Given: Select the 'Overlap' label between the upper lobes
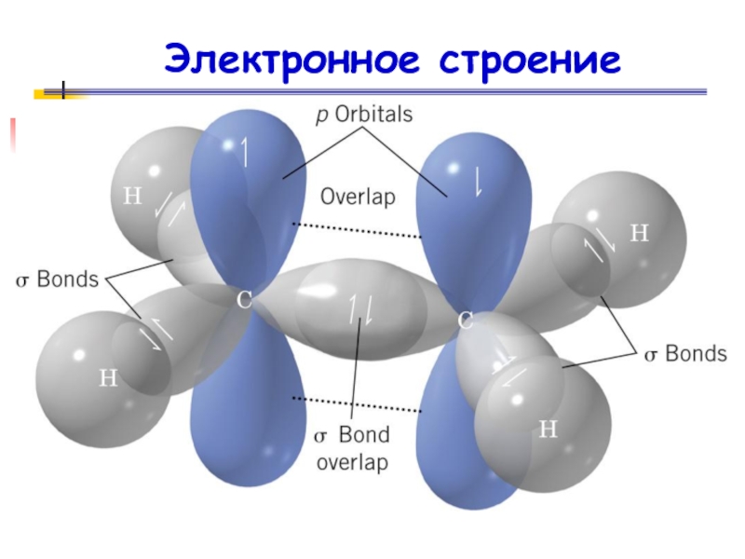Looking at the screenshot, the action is [358, 197].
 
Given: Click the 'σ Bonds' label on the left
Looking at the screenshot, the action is [55, 279].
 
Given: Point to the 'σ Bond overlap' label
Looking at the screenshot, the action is [351, 448].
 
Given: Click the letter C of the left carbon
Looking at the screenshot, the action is [245, 300].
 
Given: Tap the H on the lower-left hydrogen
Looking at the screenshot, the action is [109, 377].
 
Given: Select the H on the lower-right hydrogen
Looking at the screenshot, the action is [549, 429].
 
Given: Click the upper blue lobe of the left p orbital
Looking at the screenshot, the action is [247, 186].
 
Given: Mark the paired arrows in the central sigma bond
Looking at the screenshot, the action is [361, 307].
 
